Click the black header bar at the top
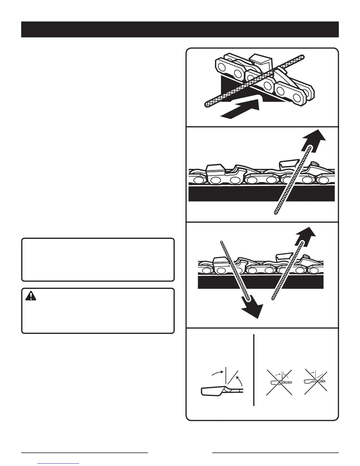(180, 29)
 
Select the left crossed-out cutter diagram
(279, 382)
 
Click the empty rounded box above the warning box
(98, 260)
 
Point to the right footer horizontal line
(276, 452)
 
